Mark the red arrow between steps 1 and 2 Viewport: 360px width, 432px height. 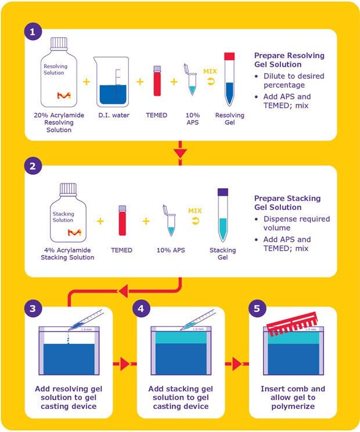pyautogui.click(x=181, y=153)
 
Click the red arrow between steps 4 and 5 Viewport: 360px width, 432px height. pyautogui.click(x=236, y=365)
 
